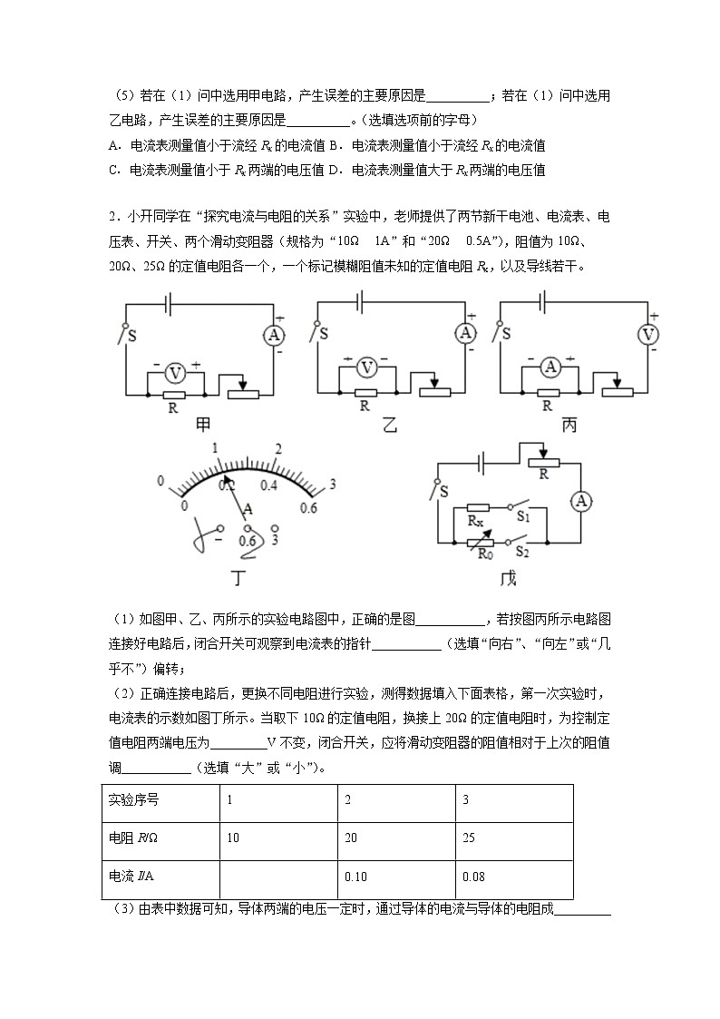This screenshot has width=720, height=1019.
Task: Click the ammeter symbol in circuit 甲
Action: pos(273,336)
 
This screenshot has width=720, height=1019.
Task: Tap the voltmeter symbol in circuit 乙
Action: pos(366,367)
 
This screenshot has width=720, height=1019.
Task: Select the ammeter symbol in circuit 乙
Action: pos(465,334)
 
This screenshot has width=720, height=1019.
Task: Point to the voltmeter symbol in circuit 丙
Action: pos(648,334)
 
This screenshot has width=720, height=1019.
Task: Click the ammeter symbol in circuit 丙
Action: pos(548,367)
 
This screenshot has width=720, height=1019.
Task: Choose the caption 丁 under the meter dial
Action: pos(239,579)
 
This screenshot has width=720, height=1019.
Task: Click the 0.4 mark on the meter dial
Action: pos(268,485)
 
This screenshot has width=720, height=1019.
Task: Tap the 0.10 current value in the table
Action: pos(356,877)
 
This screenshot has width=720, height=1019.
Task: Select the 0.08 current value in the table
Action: pos(473,877)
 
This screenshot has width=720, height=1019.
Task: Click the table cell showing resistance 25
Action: pos(469,837)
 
